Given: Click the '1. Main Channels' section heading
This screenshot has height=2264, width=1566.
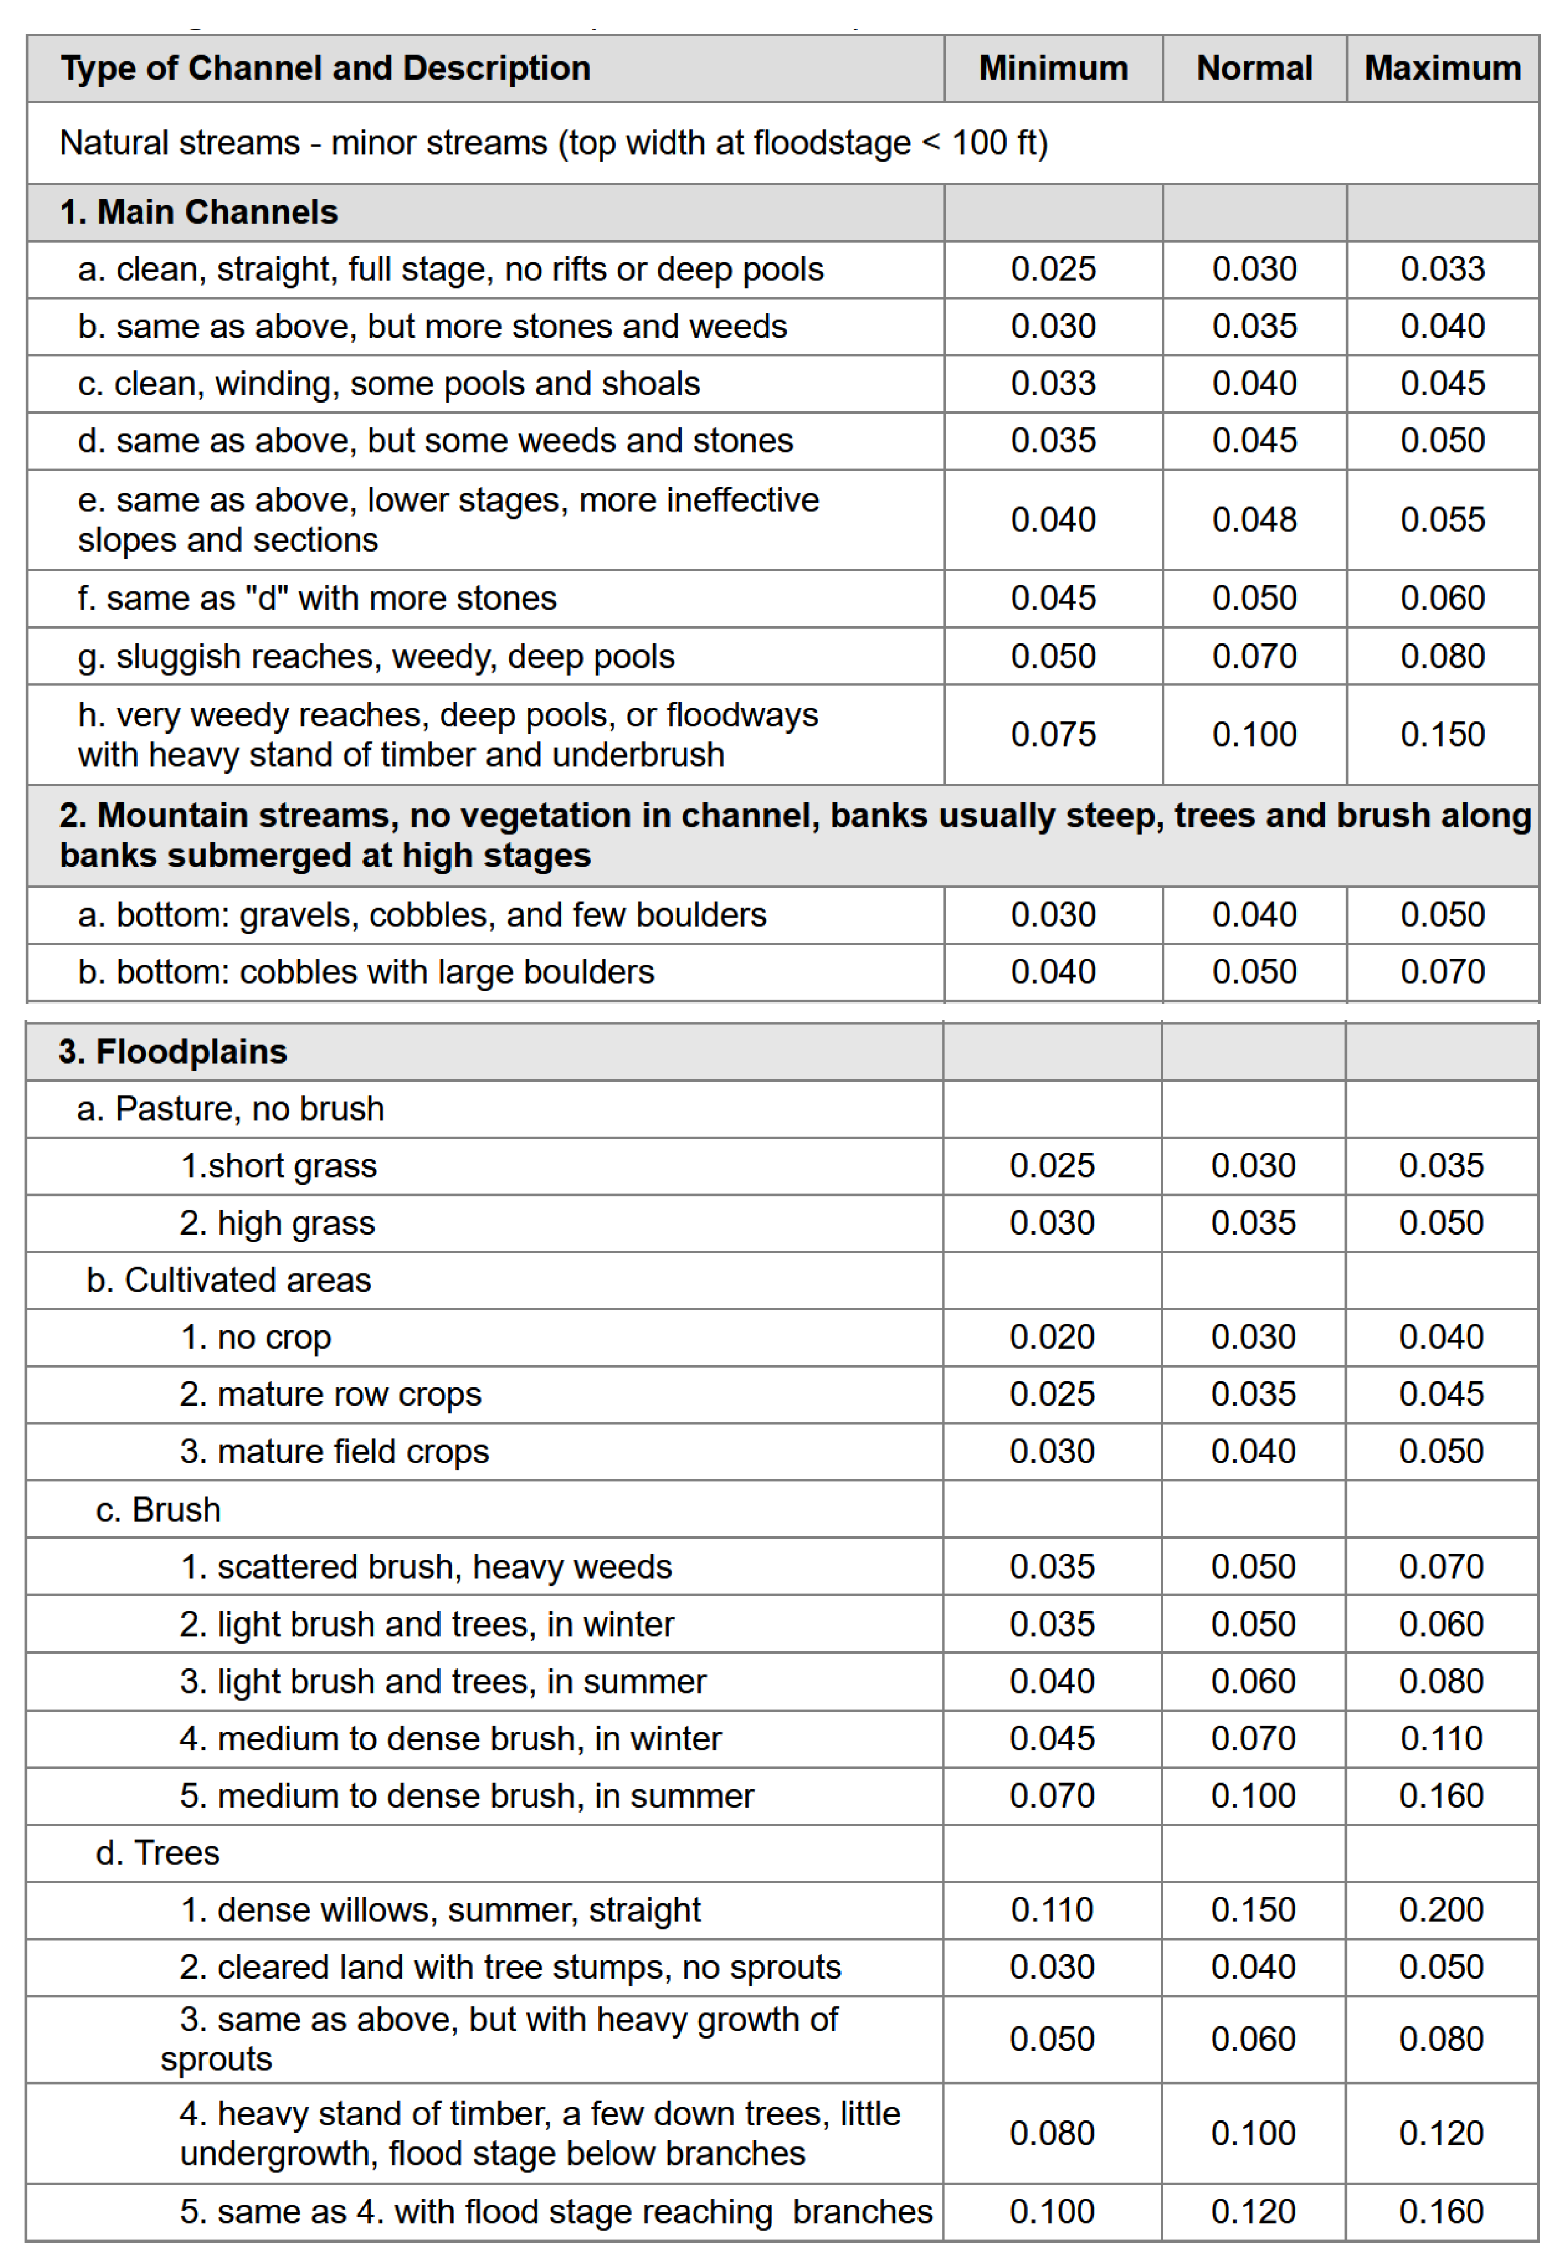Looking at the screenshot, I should pyautogui.click(x=199, y=212).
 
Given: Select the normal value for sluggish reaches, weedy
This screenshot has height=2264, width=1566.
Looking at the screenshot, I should pyautogui.click(x=1254, y=656).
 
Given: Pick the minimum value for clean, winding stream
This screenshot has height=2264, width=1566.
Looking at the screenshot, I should pyautogui.click(x=1053, y=383).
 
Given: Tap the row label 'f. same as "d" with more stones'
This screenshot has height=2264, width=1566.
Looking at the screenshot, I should pyautogui.click(x=317, y=598).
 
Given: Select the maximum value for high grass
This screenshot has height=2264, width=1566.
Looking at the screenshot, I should pyautogui.click(x=1441, y=1222).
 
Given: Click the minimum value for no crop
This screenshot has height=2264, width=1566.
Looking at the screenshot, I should pyautogui.click(x=1052, y=1337).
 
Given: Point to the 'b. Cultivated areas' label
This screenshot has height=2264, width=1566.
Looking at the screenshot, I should pyautogui.click(x=229, y=1280).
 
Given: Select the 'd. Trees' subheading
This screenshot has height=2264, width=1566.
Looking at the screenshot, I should pyautogui.click(x=158, y=1853).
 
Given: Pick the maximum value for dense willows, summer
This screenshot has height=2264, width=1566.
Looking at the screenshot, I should pyautogui.click(x=1441, y=1910).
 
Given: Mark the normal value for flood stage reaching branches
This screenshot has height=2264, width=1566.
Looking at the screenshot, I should pyautogui.click(x=1253, y=2211).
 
